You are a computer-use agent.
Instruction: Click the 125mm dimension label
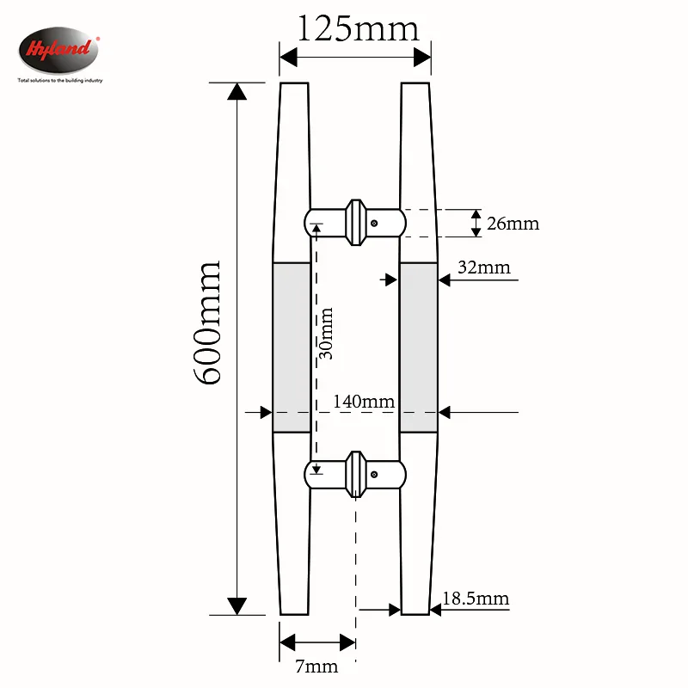tap(358, 29)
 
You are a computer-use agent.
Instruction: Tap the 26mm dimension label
tap(513, 224)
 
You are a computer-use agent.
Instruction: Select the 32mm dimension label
tap(484, 267)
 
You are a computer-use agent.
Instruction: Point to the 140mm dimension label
tap(364, 402)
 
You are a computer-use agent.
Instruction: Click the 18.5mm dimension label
tap(476, 599)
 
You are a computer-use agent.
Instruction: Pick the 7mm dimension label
tap(316, 666)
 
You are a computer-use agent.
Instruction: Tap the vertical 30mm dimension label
tap(326, 334)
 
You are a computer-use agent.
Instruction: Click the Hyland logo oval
tap(58, 50)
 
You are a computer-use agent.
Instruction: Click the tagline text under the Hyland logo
tap(60, 81)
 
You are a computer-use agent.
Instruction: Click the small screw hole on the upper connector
tap(374, 224)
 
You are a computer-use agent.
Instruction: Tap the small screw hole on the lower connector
tap(374, 475)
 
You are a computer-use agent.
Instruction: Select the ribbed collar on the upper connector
tap(356, 223)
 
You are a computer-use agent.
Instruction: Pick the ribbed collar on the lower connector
tap(356, 474)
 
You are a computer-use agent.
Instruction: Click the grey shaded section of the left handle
tap(292, 347)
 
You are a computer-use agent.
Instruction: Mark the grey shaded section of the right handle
tap(419, 347)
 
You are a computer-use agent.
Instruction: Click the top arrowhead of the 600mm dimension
tap(237, 91)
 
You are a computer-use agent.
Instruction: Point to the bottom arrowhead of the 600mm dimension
tap(237, 606)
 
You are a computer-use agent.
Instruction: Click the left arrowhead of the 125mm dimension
tap(288, 58)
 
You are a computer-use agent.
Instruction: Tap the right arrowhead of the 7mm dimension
tap(347, 642)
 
